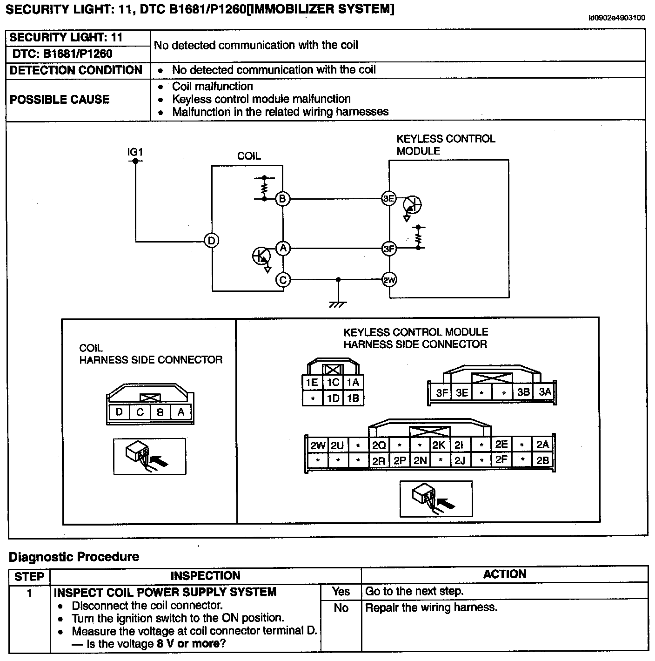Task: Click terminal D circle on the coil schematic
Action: click(x=212, y=241)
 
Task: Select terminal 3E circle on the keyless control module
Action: click(x=388, y=199)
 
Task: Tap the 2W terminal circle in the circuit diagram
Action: click(x=389, y=280)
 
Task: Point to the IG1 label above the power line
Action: click(x=135, y=152)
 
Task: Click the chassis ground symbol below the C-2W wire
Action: click(x=338, y=304)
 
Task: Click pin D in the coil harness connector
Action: click(x=119, y=412)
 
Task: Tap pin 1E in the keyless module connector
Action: click(x=312, y=383)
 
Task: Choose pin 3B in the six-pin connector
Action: click(x=523, y=392)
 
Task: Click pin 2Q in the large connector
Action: click(x=379, y=445)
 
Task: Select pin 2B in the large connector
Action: click(x=542, y=460)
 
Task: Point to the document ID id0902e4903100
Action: click(x=616, y=18)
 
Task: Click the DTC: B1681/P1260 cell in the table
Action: click(x=62, y=54)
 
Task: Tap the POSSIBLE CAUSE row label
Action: click(x=60, y=100)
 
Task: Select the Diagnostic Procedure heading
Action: click(x=74, y=556)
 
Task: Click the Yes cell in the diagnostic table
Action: click(x=341, y=591)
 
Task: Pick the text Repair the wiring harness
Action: click(x=431, y=607)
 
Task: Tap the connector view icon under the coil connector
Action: click(x=150, y=457)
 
